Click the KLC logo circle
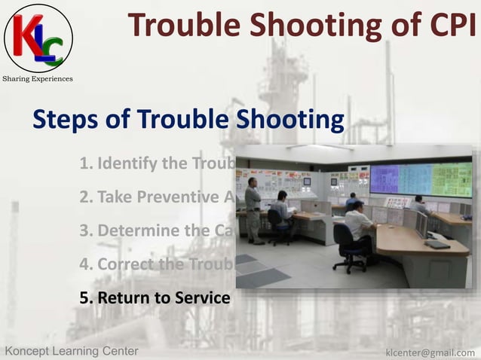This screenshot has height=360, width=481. [x=38, y=38]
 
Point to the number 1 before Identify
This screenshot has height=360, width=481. [x=84, y=163]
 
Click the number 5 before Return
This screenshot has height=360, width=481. [x=84, y=298]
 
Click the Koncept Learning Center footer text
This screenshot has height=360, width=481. [x=72, y=351]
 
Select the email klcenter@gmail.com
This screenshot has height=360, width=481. [x=430, y=352]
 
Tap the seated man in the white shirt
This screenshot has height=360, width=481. [x=358, y=222]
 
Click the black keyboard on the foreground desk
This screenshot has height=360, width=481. [x=437, y=244]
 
